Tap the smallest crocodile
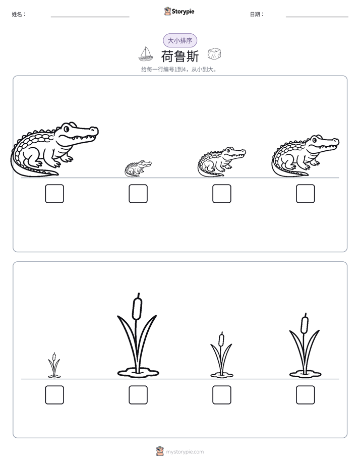click(x=138, y=168)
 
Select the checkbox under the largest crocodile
click(x=54, y=194)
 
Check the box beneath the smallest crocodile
click(x=138, y=194)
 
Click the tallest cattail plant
click(x=137, y=336)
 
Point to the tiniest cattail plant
click(x=54, y=366)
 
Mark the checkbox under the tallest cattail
click(x=138, y=395)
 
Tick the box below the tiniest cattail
click(x=54, y=395)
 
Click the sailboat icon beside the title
click(x=146, y=54)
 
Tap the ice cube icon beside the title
click(x=214, y=54)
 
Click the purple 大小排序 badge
click(x=180, y=40)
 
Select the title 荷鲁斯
click(x=180, y=56)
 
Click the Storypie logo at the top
click(x=179, y=11)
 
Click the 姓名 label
click(x=19, y=14)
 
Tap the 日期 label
click(x=257, y=14)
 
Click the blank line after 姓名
click(x=90, y=17)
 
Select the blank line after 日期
click(x=317, y=17)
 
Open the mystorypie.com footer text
click(x=185, y=452)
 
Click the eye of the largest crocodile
click(x=67, y=129)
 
